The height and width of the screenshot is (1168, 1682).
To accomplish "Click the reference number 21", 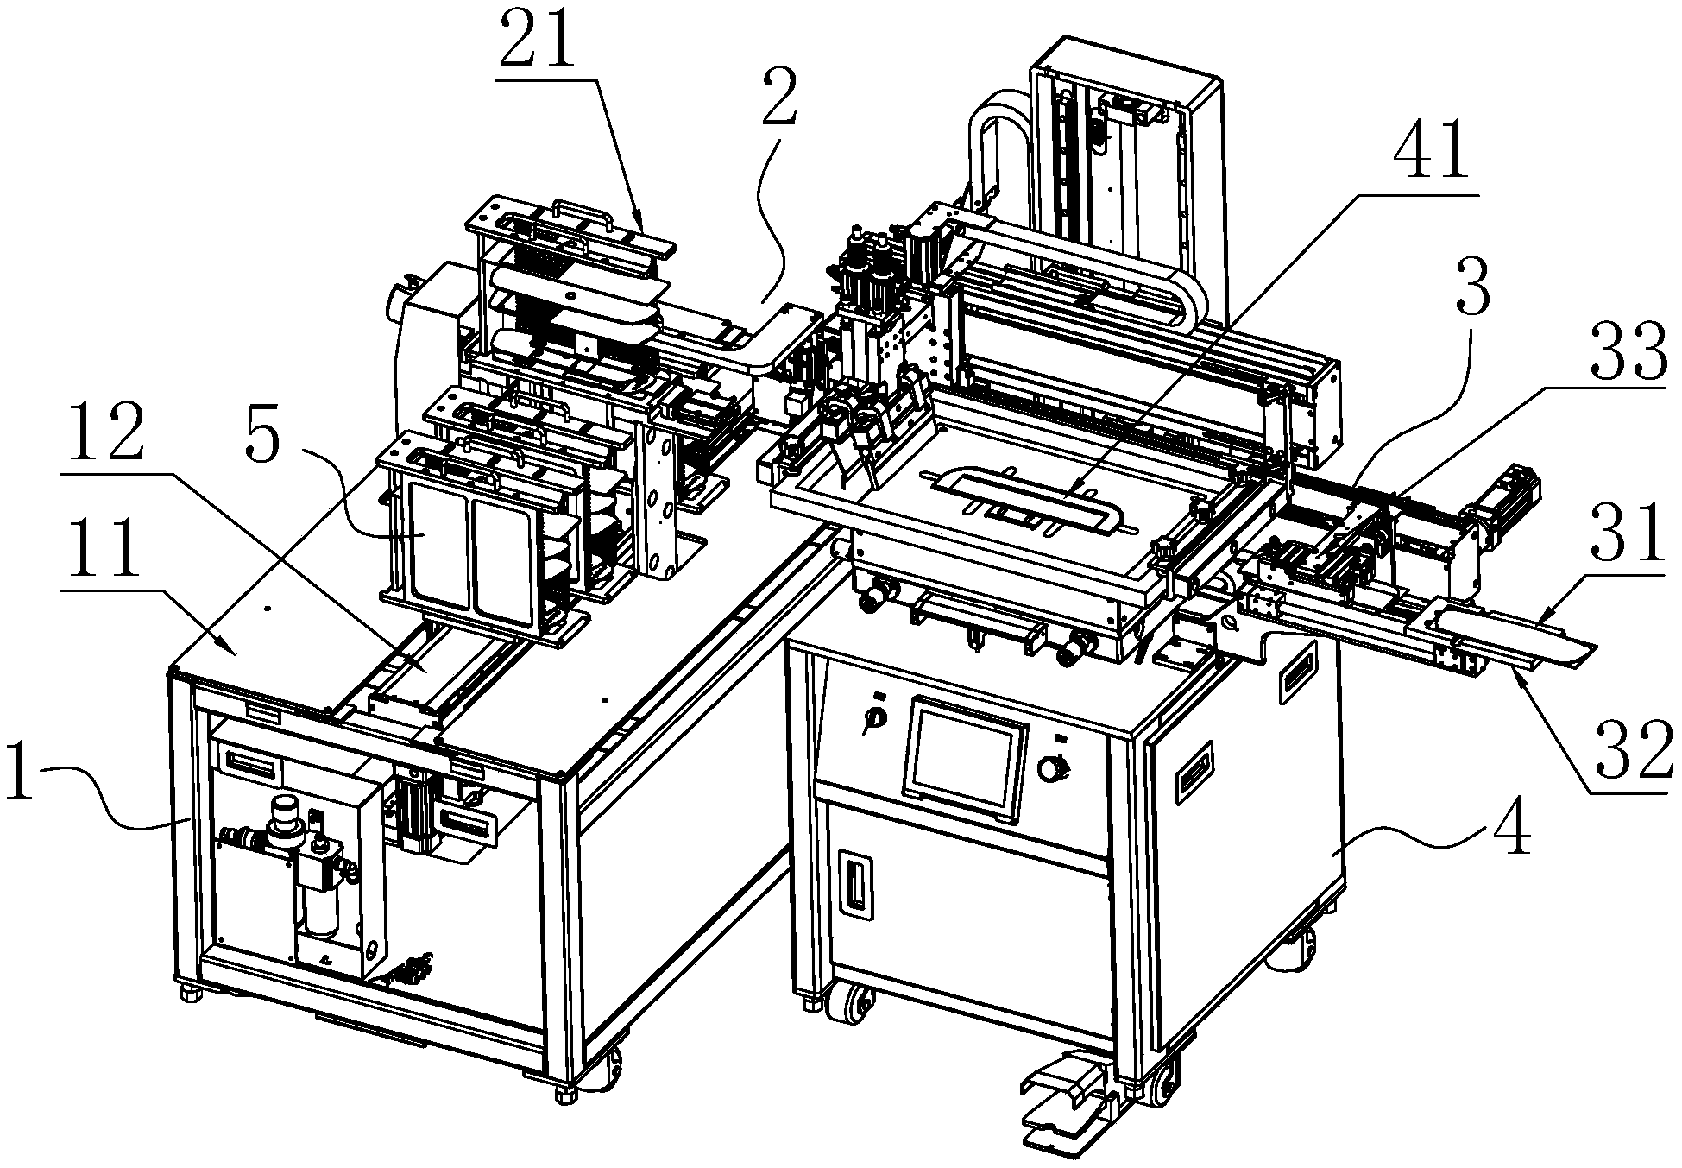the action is [x=536, y=40].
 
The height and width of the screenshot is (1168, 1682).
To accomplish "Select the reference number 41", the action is [x=1430, y=153].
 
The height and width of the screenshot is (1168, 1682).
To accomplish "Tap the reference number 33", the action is [x=1628, y=352].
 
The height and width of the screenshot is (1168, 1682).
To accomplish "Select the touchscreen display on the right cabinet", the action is [x=963, y=759].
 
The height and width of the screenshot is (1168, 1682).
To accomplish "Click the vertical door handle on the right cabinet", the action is [x=855, y=881].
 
